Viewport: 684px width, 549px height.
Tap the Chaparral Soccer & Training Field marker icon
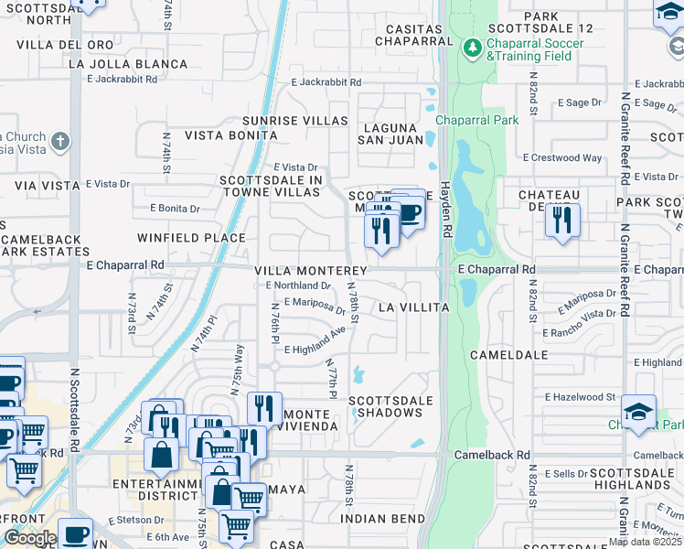[x=472, y=47]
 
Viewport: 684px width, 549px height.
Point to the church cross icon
[x=60, y=142]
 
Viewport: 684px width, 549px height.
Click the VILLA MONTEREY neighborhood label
[x=310, y=271]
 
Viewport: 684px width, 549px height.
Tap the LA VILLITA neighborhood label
[x=413, y=307]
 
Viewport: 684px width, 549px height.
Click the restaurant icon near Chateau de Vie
[x=562, y=220]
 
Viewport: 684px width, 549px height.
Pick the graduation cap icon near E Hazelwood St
[x=638, y=411]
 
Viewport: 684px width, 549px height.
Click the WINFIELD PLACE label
[x=191, y=238]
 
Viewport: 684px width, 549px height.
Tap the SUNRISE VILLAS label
[x=294, y=121]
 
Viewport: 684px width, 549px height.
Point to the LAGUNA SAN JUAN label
[x=392, y=135]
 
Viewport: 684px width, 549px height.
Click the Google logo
[x=29, y=538]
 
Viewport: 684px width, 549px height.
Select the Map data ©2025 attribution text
[x=645, y=542]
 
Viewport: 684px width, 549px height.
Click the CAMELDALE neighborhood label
[x=508, y=354]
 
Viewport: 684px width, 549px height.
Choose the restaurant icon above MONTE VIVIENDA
[x=264, y=408]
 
